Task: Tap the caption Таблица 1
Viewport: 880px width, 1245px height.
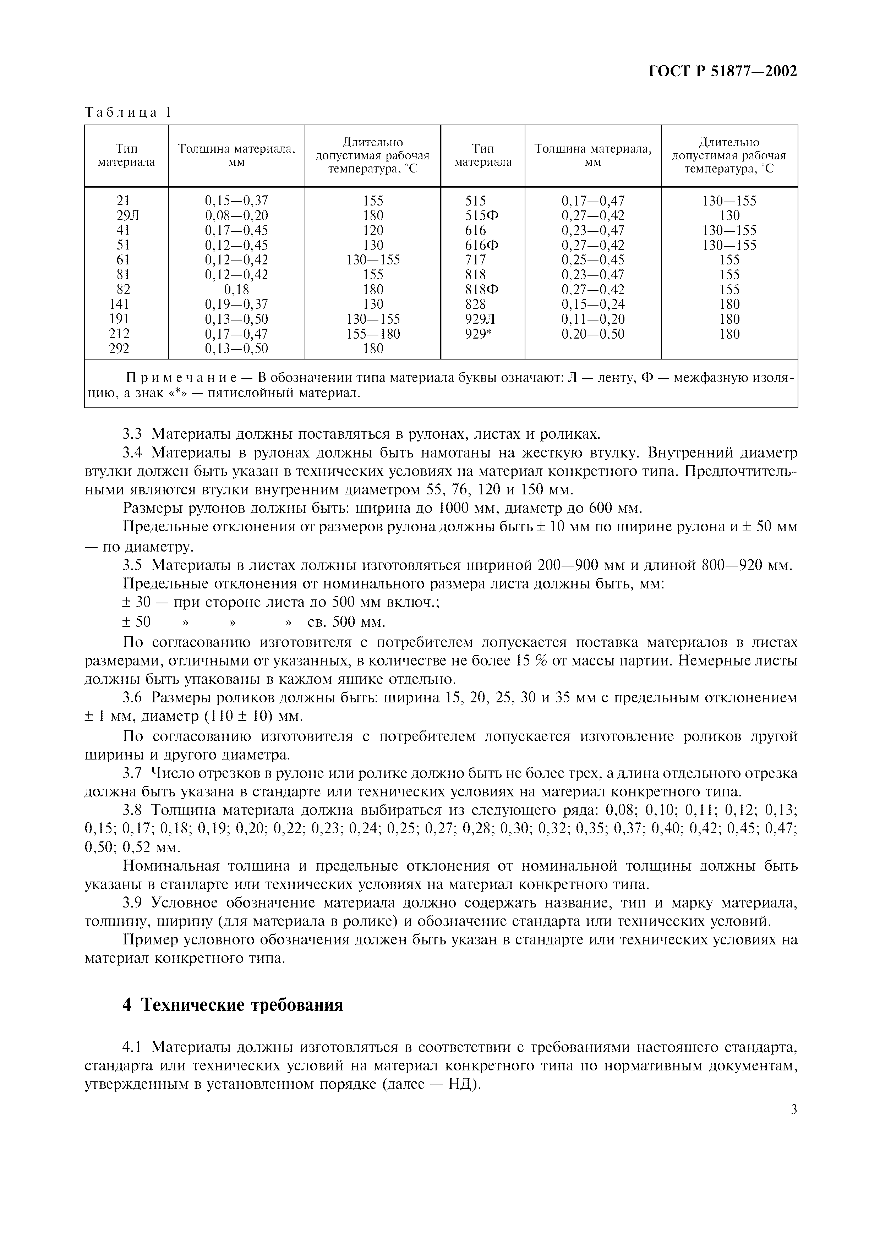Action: pos(128,113)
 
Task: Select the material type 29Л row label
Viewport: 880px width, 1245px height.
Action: pos(127,216)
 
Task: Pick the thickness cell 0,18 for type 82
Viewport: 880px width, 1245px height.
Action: pos(236,290)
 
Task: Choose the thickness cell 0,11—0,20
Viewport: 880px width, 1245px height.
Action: pos(592,319)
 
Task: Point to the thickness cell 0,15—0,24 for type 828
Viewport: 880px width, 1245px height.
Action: pos(592,304)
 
